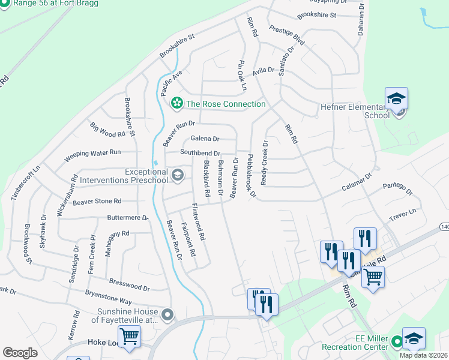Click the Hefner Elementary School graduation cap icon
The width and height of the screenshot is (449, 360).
396,98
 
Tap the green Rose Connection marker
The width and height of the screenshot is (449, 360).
177,104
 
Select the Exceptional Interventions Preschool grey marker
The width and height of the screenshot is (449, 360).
177,175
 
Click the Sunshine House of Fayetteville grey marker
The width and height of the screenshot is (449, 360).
167,314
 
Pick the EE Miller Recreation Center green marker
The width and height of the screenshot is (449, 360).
396,343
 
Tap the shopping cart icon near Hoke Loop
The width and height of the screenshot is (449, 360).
129,337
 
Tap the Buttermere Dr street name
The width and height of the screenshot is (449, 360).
127,218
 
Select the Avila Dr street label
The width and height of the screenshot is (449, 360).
263,71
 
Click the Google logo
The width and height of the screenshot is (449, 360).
20,353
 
